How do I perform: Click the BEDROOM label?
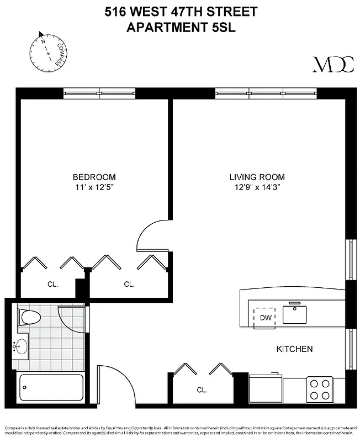(94, 177)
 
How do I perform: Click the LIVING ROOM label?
(257, 177)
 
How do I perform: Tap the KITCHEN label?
(295, 349)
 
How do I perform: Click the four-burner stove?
(320, 388)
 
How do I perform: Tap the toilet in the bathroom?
(30, 318)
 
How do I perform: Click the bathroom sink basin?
(22, 347)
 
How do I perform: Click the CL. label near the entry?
(202, 390)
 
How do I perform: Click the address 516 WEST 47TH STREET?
(181, 12)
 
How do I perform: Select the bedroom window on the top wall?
(99, 92)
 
